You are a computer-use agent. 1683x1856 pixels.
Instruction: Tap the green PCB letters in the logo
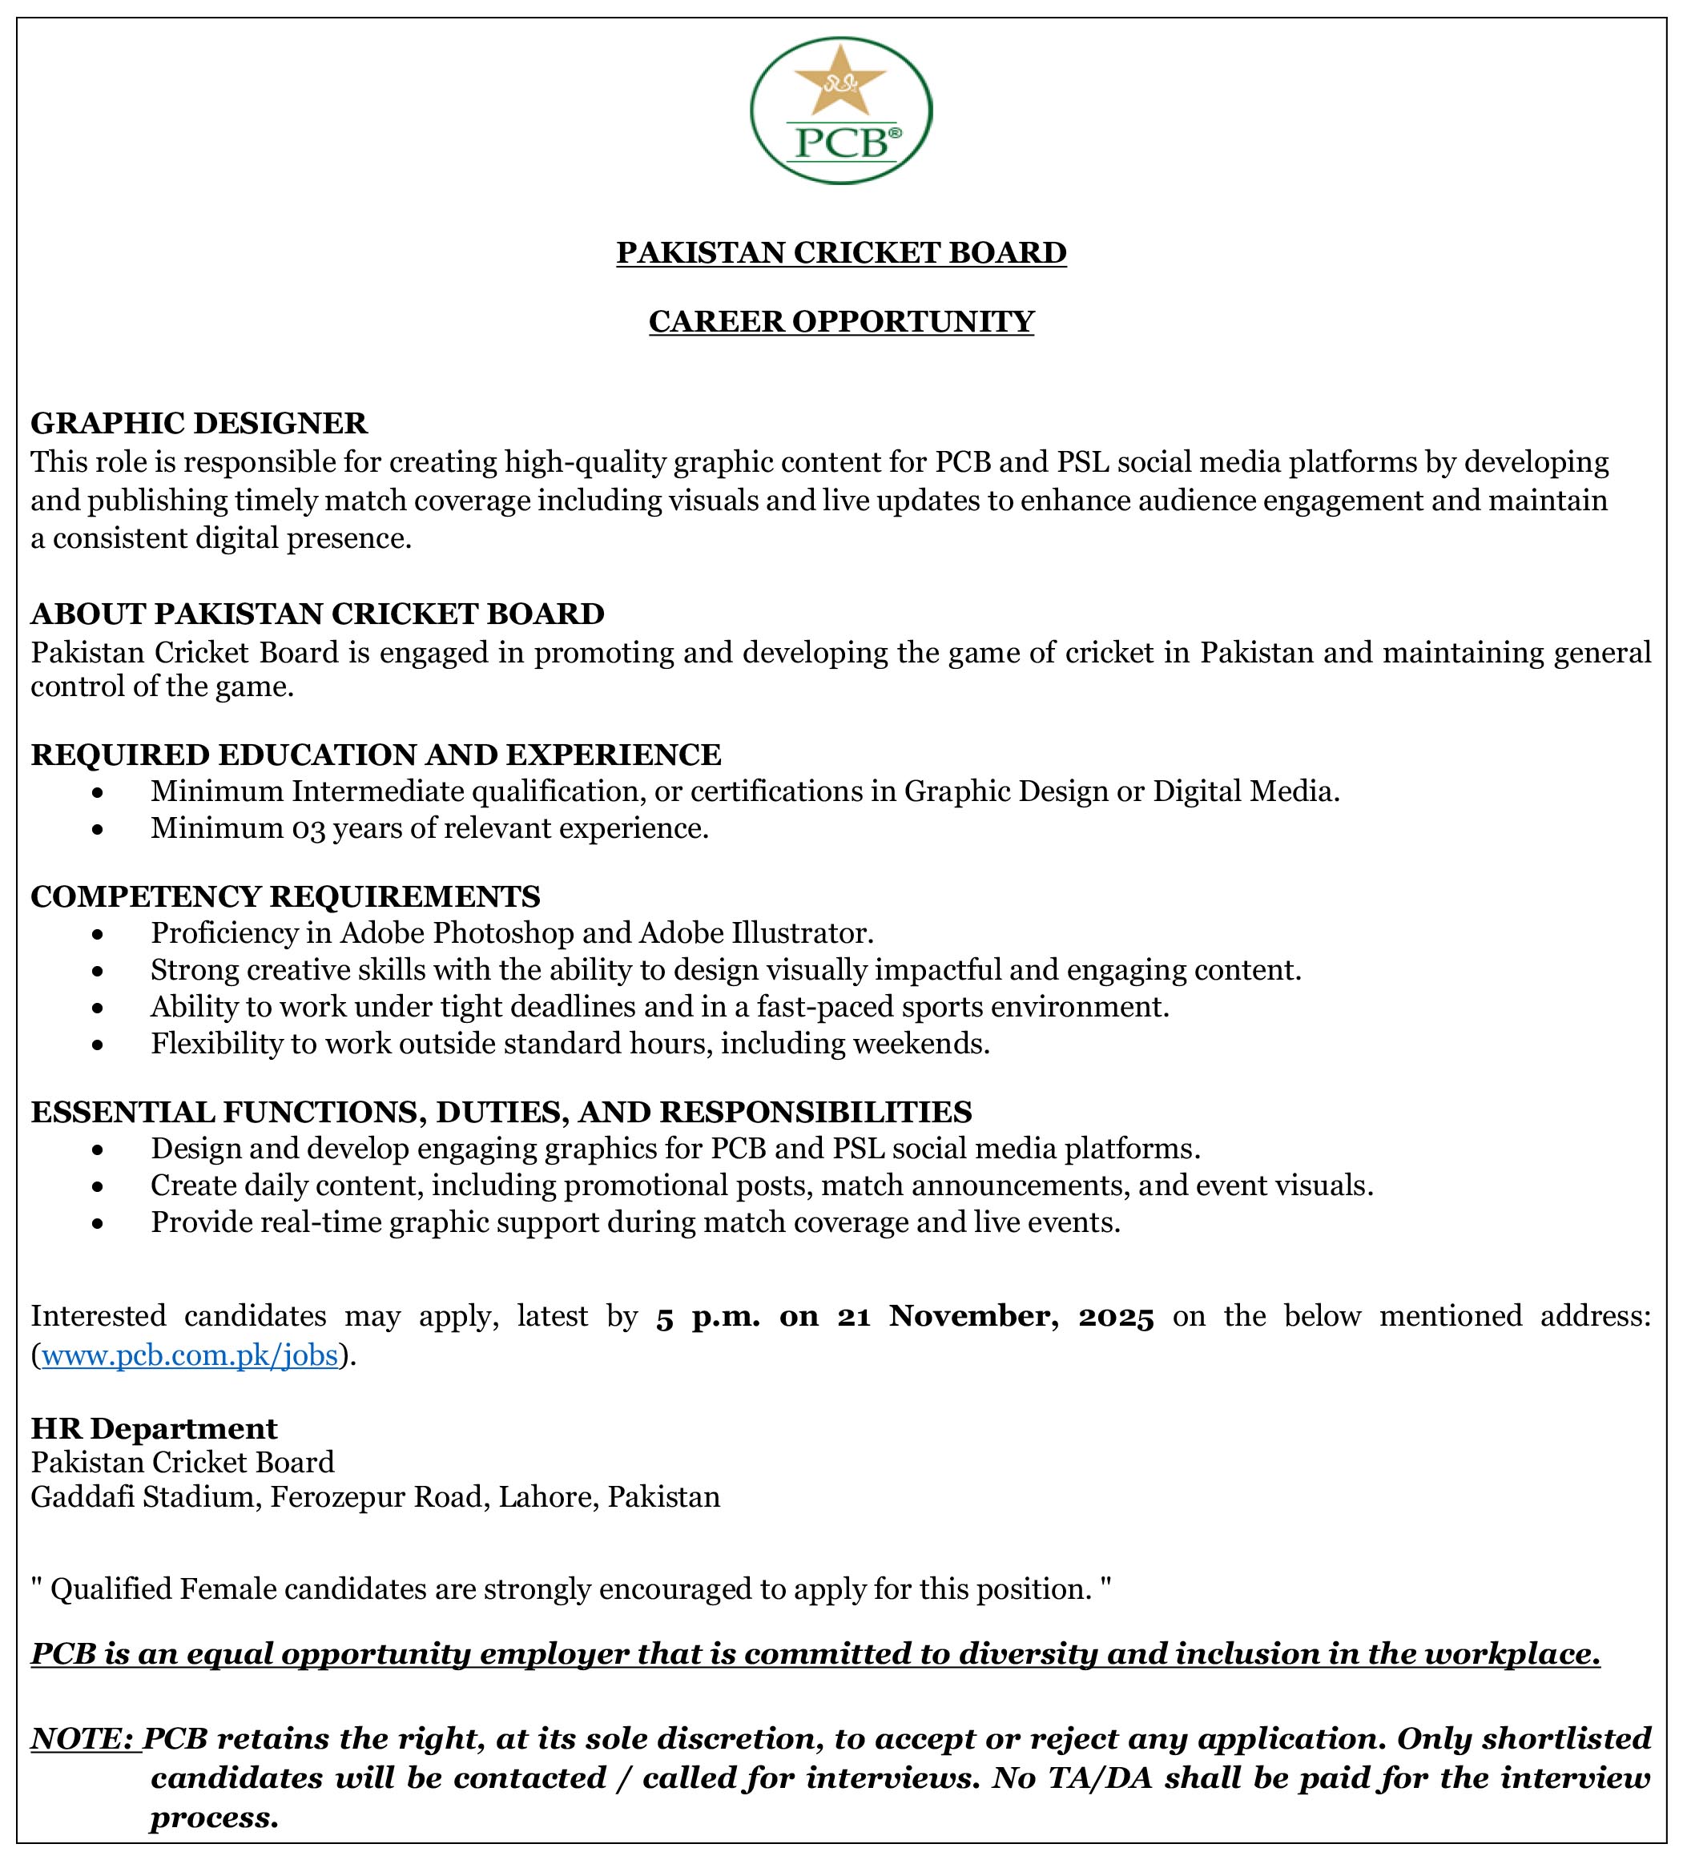click(x=841, y=143)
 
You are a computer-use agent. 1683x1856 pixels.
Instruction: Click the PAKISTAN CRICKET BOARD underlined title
click(x=841, y=252)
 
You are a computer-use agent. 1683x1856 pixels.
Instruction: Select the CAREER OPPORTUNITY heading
click(x=841, y=321)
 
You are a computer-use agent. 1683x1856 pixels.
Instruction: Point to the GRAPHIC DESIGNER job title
click(x=199, y=424)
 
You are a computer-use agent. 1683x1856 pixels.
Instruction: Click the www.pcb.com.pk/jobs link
click(x=190, y=1356)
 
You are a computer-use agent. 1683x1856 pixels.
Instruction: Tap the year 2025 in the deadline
click(x=1116, y=1318)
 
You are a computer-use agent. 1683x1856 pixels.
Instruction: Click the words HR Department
click(x=154, y=1428)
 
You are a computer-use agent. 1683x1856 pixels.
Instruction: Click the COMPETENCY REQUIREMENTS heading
click(x=285, y=896)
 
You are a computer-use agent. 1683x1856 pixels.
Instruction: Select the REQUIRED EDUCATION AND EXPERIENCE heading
click(x=376, y=755)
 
